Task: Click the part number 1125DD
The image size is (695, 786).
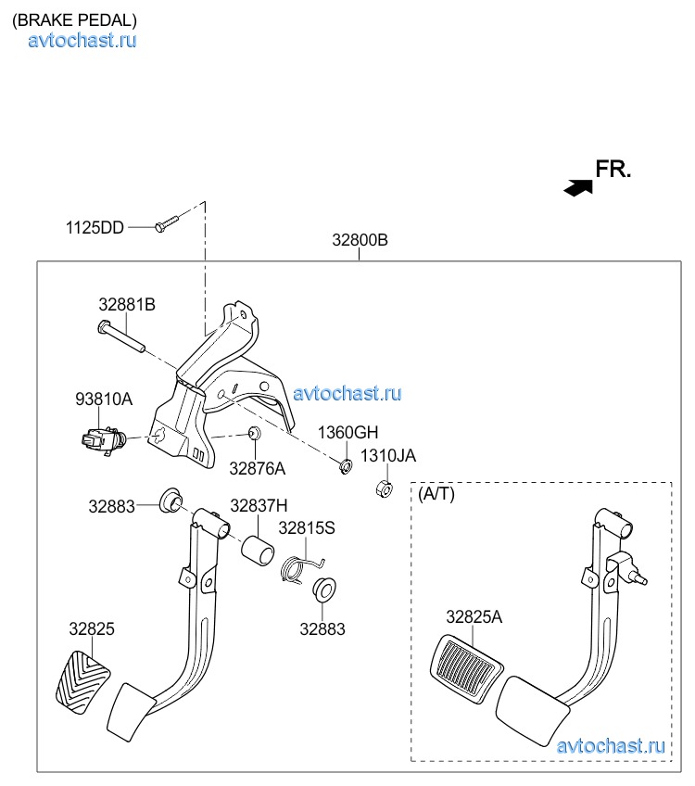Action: coord(95,227)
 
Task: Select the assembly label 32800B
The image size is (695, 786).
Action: coord(360,241)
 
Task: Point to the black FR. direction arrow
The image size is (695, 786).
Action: coord(578,187)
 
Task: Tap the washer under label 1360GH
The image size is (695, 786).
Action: coord(344,465)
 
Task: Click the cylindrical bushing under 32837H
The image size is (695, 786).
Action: coord(259,550)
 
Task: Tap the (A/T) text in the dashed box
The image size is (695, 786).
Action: coord(436,494)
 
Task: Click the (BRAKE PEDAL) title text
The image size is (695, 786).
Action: coord(74,19)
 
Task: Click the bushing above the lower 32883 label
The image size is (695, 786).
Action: coord(322,590)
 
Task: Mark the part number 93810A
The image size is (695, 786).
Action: coord(104,399)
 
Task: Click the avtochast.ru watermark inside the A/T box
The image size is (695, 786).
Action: coord(611,745)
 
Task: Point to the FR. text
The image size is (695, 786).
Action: coord(613,169)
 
